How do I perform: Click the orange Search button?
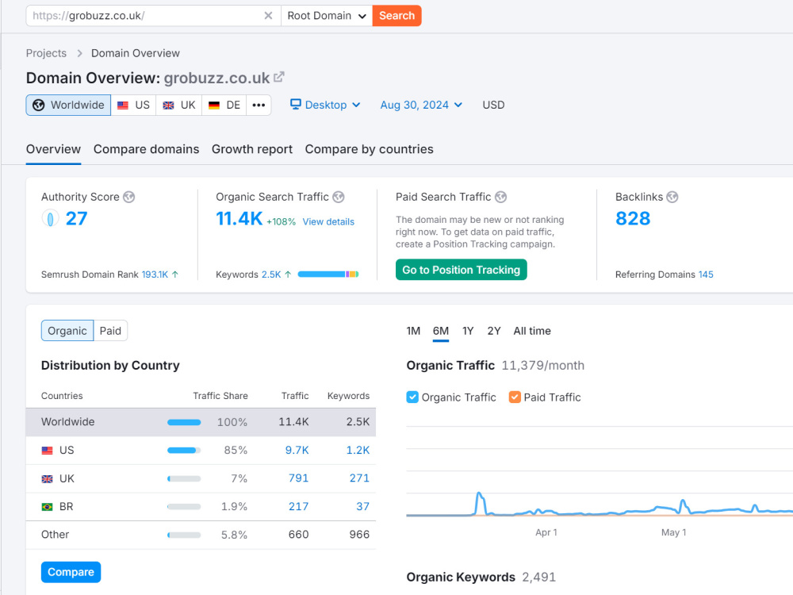pyautogui.click(x=396, y=16)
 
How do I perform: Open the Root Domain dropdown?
pyautogui.click(x=327, y=16)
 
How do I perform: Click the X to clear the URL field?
pyautogui.click(x=269, y=16)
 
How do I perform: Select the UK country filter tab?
pyautogui.click(x=179, y=106)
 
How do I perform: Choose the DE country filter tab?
pyautogui.click(x=224, y=106)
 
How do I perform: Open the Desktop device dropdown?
pyautogui.click(x=325, y=105)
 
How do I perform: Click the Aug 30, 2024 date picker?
pyautogui.click(x=421, y=105)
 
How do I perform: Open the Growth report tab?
pyautogui.click(x=252, y=149)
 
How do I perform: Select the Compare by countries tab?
pyautogui.click(x=370, y=149)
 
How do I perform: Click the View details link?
pyautogui.click(x=328, y=221)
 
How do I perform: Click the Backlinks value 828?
pyautogui.click(x=633, y=219)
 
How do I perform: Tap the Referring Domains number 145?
pyautogui.click(x=706, y=274)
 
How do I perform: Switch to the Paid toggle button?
pyautogui.click(x=110, y=331)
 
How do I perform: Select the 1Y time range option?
pyautogui.click(x=468, y=331)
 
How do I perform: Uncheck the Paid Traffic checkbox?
pyautogui.click(x=515, y=397)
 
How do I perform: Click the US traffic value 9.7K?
pyautogui.click(x=297, y=450)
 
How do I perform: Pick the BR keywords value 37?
pyautogui.click(x=362, y=506)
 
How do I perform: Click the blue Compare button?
pyautogui.click(x=71, y=572)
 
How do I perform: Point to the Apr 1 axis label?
pyautogui.click(x=546, y=532)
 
